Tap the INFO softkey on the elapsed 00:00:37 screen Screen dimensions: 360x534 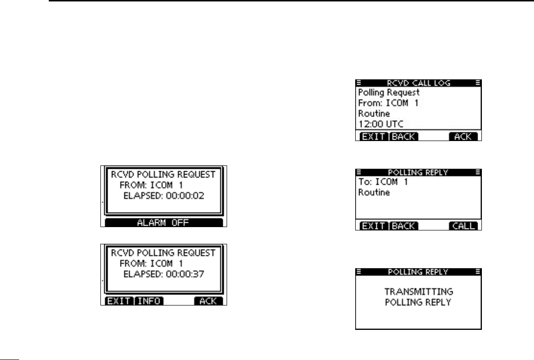(x=149, y=301)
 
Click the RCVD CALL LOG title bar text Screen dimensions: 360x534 (x=418, y=82)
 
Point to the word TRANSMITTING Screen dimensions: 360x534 (x=418, y=291)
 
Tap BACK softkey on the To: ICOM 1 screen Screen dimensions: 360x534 (x=404, y=226)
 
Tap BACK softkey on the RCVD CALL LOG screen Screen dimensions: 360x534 (x=404, y=137)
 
